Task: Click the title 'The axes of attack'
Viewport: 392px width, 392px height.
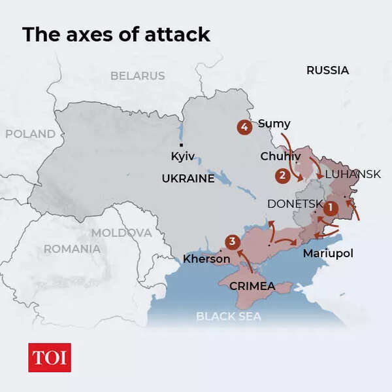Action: tap(116, 34)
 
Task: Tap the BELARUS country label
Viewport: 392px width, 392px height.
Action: tap(137, 76)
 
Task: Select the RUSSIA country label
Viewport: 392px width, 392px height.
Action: tap(327, 70)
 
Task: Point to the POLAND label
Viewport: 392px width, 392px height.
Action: tap(30, 134)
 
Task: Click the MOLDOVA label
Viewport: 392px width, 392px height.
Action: tap(121, 232)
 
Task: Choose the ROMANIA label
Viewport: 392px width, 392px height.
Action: tap(72, 249)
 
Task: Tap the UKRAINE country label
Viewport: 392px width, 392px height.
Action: tap(188, 178)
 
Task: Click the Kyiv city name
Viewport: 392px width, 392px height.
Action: tap(182, 156)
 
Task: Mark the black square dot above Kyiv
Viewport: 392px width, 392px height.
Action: tap(181, 145)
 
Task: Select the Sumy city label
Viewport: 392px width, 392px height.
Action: tap(274, 123)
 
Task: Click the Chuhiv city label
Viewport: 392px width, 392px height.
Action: tap(280, 156)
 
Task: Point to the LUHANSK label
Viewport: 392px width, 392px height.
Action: tap(352, 174)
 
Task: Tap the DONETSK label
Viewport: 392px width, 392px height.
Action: tap(295, 204)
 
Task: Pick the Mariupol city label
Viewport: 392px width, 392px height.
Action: tap(327, 253)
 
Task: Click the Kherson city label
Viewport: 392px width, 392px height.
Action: tap(206, 258)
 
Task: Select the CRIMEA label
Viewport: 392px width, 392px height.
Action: tap(252, 286)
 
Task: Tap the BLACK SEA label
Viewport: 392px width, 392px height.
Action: tap(229, 317)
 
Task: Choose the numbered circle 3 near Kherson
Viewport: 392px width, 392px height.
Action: tap(231, 242)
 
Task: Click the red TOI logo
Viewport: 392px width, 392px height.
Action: tap(50, 357)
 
